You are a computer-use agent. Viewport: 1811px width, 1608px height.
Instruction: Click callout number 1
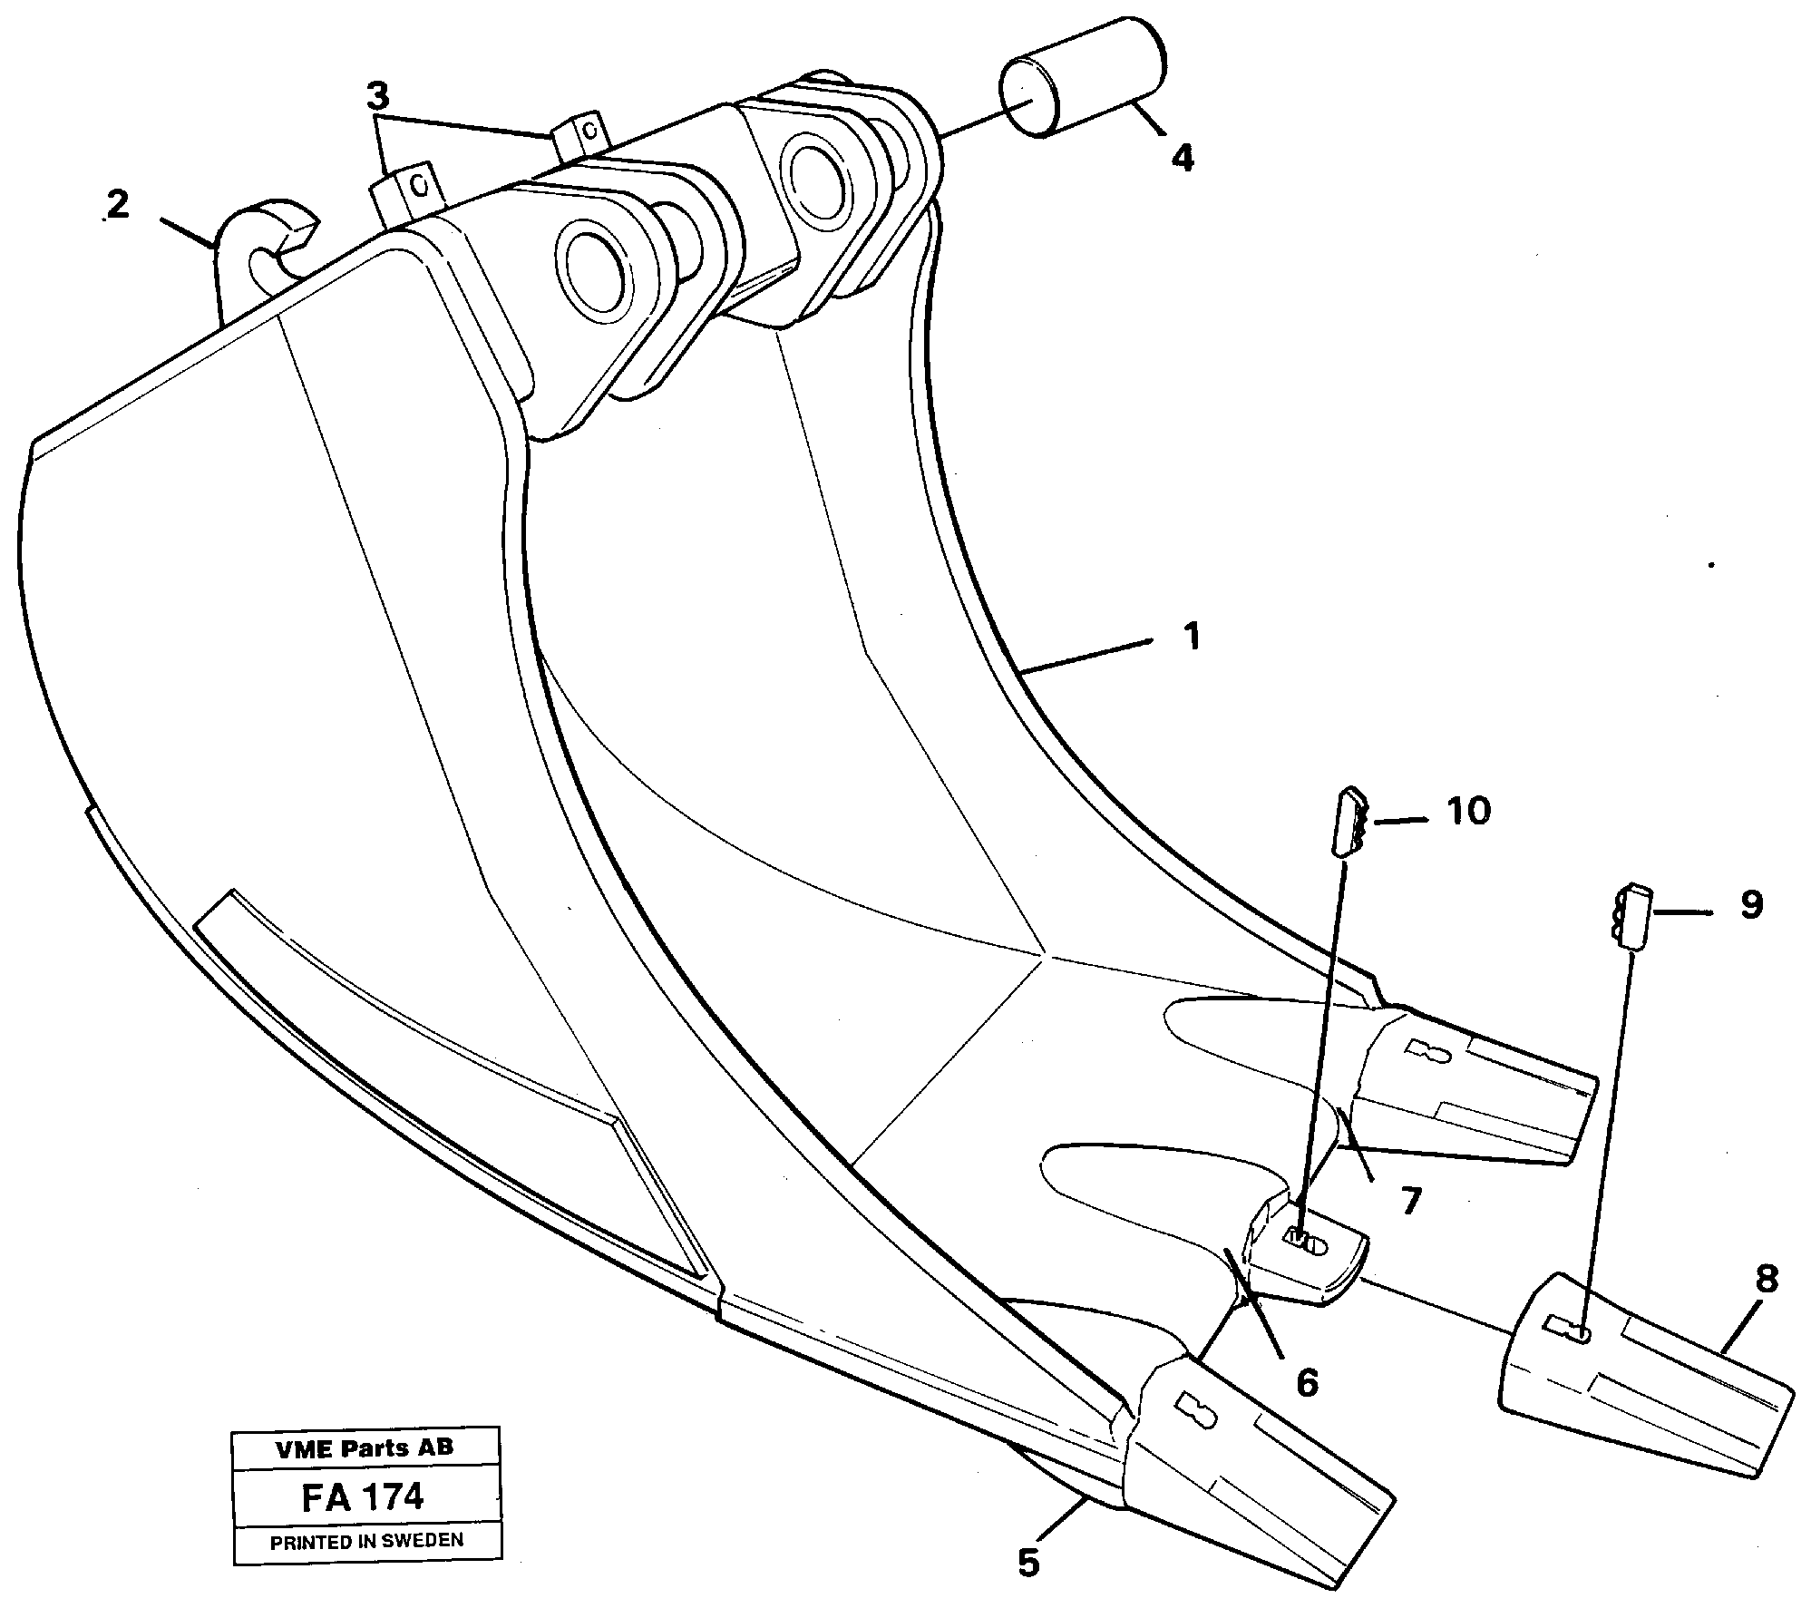pyautogui.click(x=1192, y=638)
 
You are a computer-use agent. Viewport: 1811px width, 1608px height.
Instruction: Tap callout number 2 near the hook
pyautogui.click(x=117, y=205)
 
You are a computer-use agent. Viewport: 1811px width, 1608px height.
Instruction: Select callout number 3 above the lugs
pyautogui.click(x=378, y=94)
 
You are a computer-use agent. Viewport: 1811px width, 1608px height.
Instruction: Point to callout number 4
pyautogui.click(x=1182, y=159)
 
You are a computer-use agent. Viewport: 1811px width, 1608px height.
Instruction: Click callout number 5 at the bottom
pyautogui.click(x=1027, y=1563)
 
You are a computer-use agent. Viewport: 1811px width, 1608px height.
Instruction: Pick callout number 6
pyautogui.click(x=1306, y=1384)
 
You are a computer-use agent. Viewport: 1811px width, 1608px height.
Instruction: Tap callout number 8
pyautogui.click(x=1767, y=1280)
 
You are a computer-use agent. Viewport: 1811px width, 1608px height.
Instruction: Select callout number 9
pyautogui.click(x=1751, y=904)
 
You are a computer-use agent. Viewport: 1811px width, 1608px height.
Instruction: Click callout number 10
pyautogui.click(x=1468, y=811)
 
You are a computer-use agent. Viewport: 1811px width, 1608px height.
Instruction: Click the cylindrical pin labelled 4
pyautogui.click(x=1083, y=78)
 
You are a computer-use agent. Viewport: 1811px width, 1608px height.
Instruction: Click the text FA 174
pyautogui.click(x=363, y=1497)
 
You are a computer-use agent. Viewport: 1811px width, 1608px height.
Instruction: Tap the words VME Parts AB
pyautogui.click(x=365, y=1447)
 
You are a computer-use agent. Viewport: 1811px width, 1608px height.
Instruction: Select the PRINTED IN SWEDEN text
pyautogui.click(x=366, y=1541)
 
